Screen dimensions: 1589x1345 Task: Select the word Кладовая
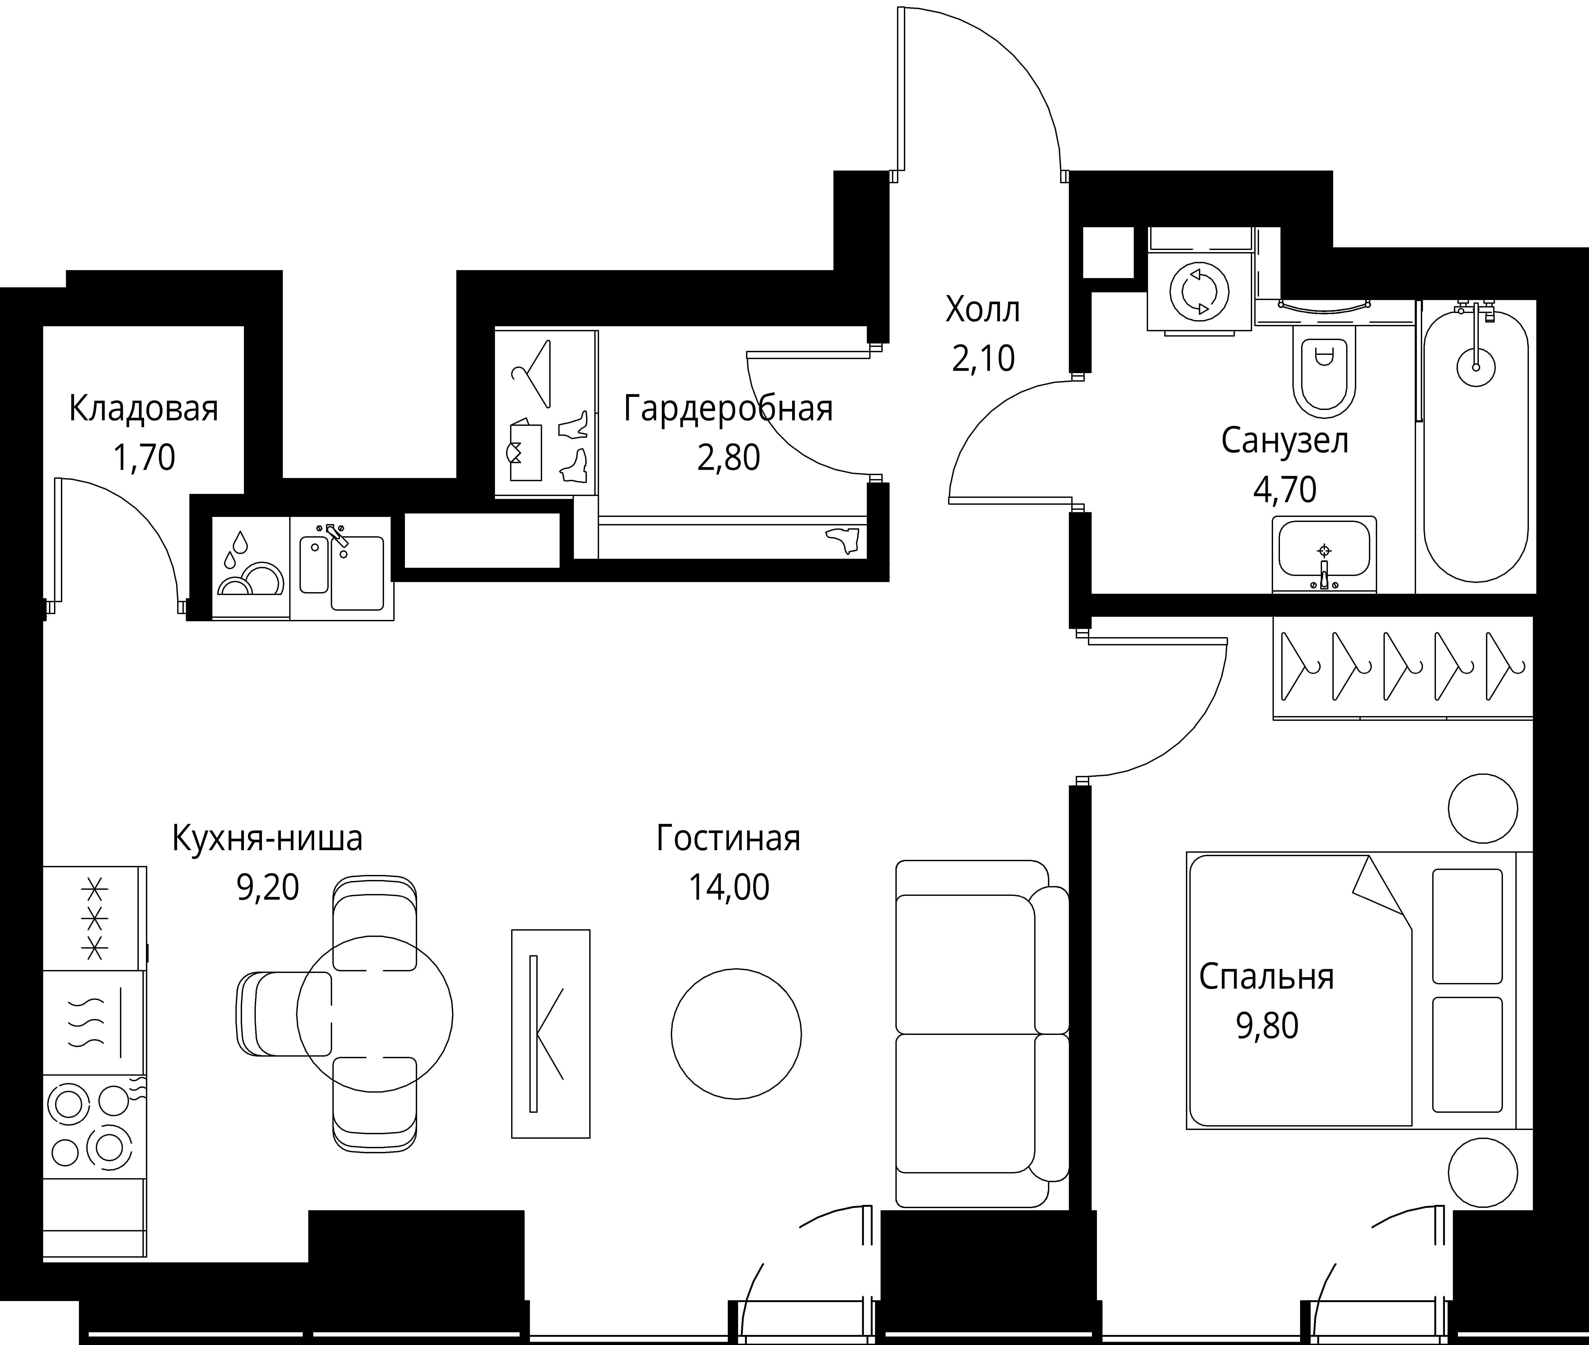click(x=143, y=409)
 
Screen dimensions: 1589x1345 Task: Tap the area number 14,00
click(x=729, y=887)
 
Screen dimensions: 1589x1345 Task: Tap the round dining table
click(x=374, y=1014)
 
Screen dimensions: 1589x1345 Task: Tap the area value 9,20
click(x=268, y=887)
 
